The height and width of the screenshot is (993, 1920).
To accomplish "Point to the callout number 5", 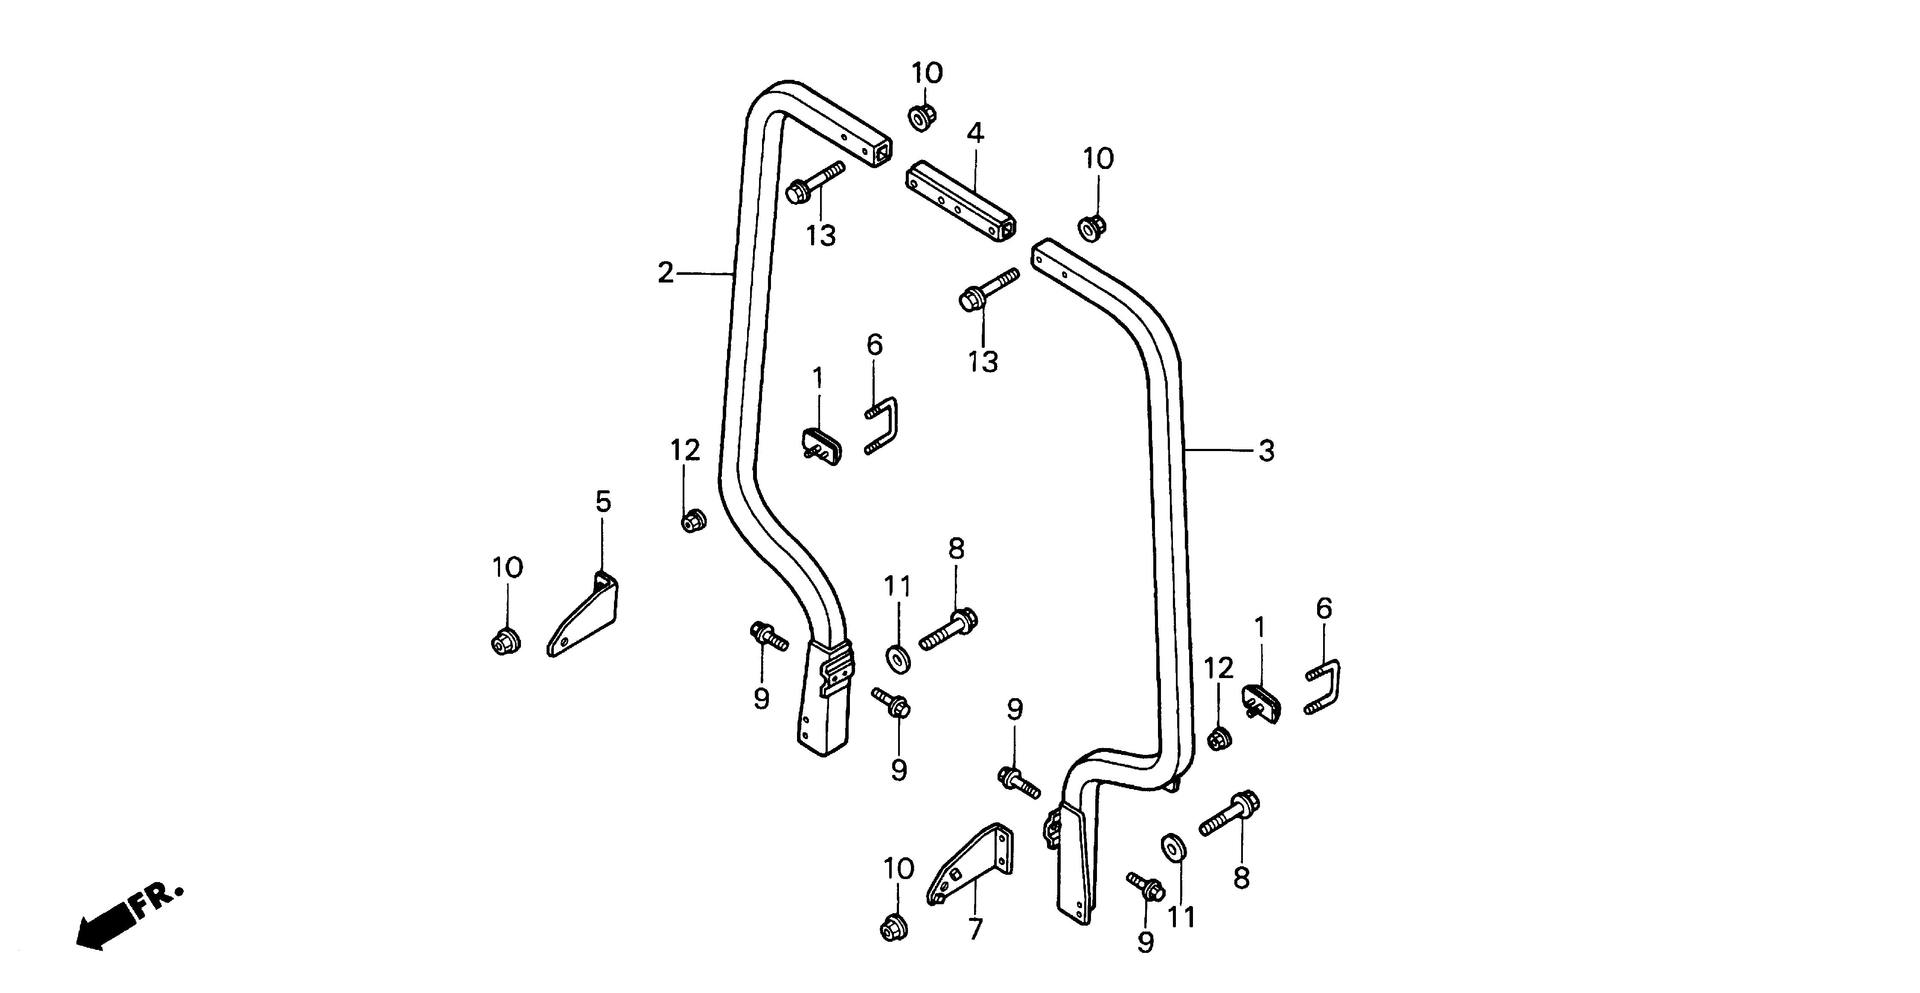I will click(603, 502).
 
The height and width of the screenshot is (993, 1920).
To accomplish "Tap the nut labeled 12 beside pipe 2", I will click(694, 520).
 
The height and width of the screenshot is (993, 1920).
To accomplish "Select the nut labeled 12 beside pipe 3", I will click(1219, 740).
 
